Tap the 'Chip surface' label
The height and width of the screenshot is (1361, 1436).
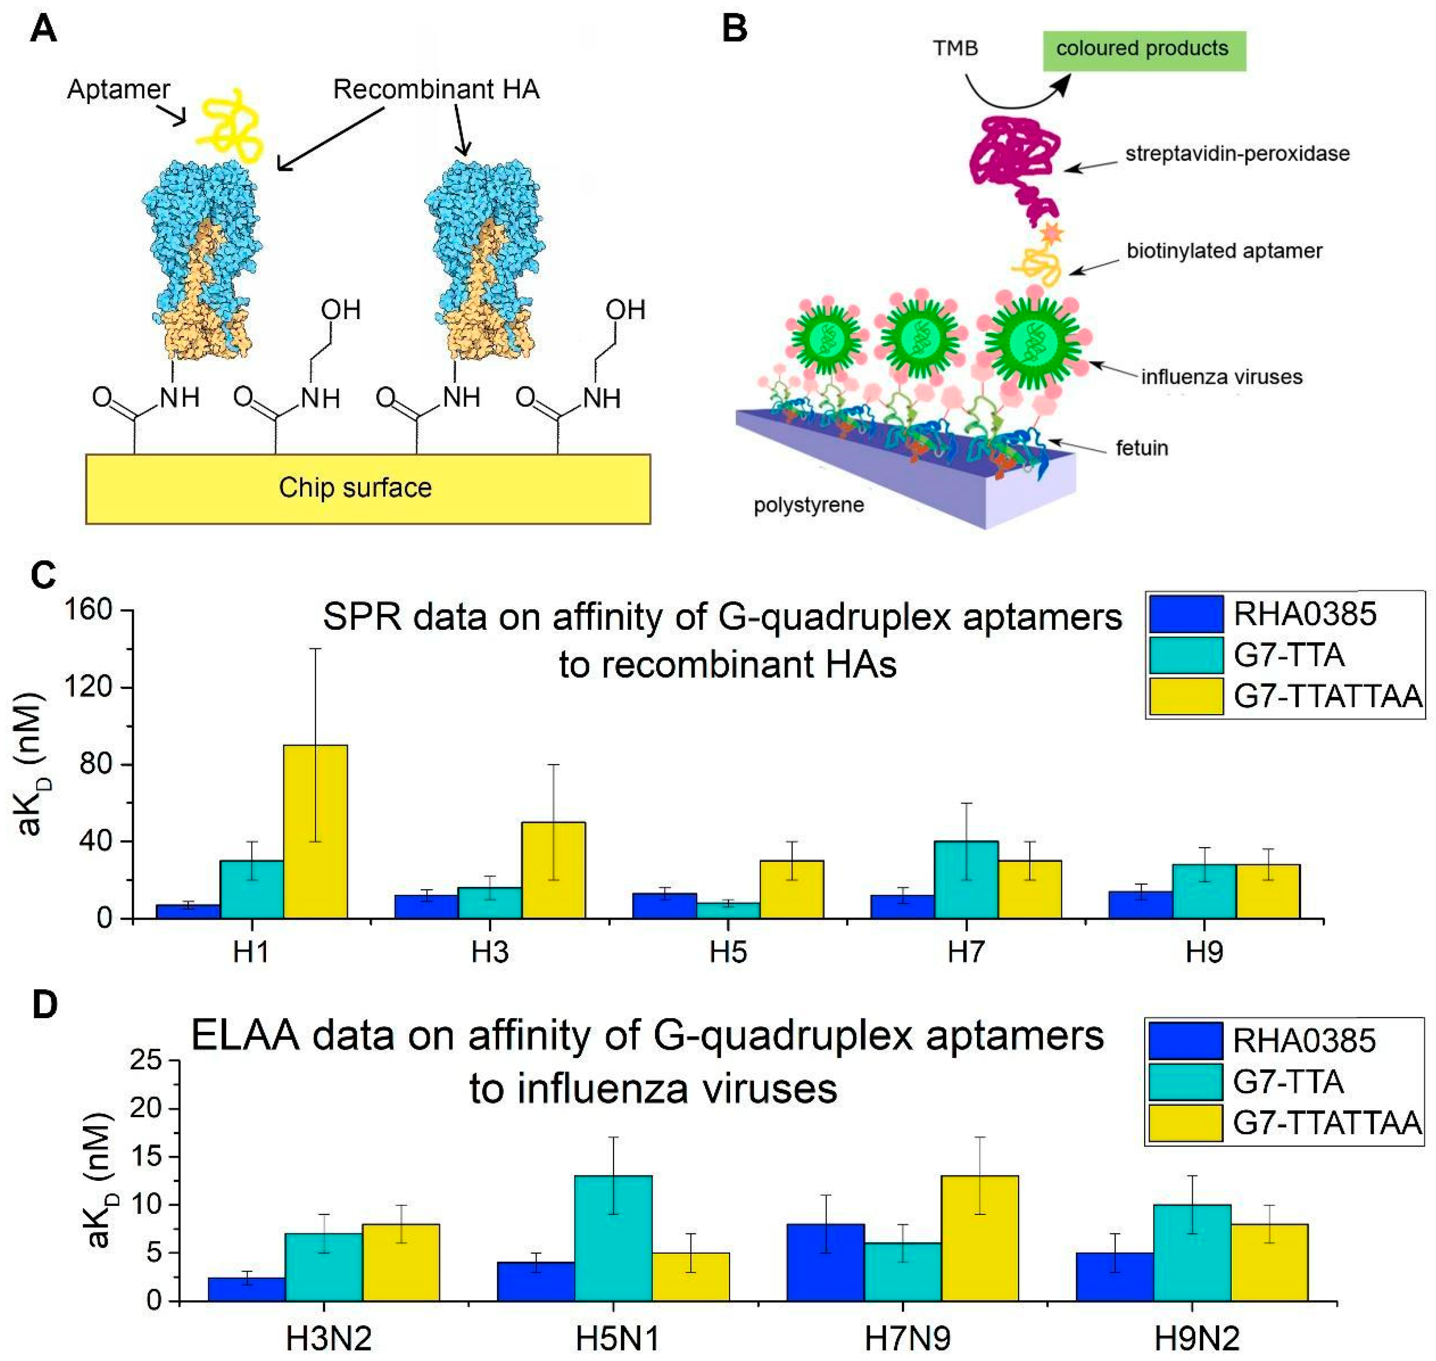355,488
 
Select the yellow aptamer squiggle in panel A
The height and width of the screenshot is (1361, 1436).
231,125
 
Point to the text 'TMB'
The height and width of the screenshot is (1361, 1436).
955,49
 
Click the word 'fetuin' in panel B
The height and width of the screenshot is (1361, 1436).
1142,448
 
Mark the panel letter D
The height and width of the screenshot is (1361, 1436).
45,1006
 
